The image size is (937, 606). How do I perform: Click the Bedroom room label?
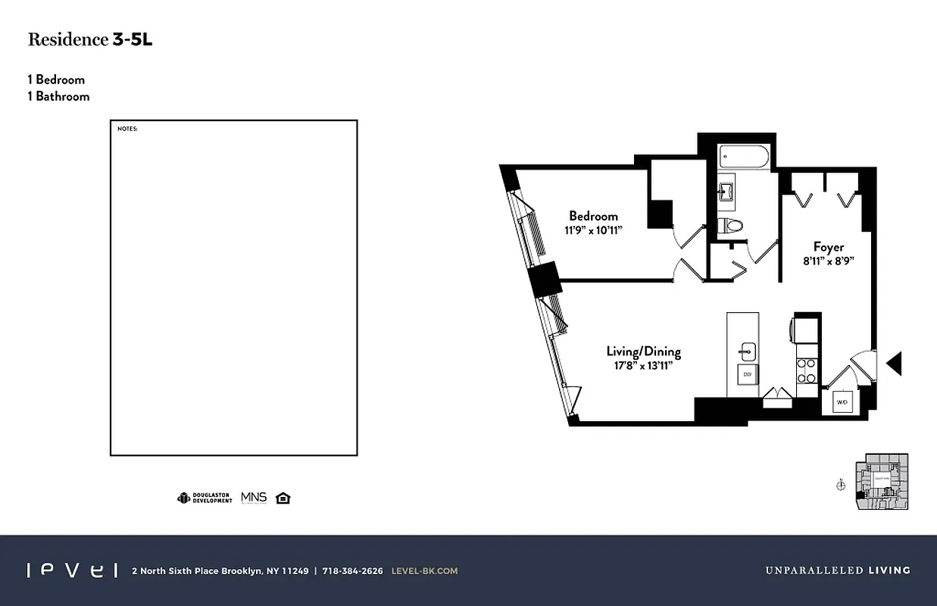tap(593, 216)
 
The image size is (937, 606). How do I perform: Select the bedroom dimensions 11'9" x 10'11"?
tap(593, 230)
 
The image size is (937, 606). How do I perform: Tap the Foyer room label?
tap(828, 247)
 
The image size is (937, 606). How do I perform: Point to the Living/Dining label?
tap(643, 351)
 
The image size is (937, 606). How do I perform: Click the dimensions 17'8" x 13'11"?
tap(643, 366)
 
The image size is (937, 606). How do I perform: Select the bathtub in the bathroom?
tap(745, 157)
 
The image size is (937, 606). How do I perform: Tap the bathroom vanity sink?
tap(726, 190)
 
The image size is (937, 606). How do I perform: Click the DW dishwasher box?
tap(747, 375)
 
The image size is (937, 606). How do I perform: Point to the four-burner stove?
tap(807, 371)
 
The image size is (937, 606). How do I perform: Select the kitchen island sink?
tap(748, 350)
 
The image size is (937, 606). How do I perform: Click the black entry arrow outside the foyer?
tap(894, 364)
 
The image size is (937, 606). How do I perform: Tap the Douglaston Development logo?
tap(205, 498)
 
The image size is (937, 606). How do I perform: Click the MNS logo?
tap(254, 498)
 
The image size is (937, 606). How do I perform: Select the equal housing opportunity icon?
tap(283, 498)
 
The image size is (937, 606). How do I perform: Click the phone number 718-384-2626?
tap(352, 571)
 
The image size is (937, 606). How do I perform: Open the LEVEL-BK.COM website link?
tap(424, 571)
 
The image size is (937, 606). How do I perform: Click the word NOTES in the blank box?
tap(127, 129)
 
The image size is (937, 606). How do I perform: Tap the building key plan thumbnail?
tap(881, 482)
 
